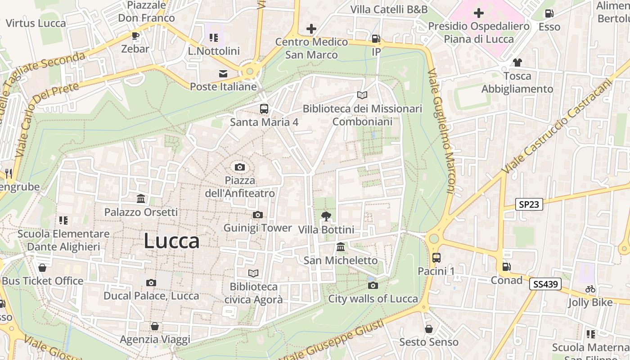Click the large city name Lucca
tap(171, 241)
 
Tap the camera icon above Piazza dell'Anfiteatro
tap(240, 167)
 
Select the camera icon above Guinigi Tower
tap(257, 215)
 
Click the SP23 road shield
tap(529, 204)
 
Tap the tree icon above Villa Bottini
tap(326, 217)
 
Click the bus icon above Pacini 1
tap(436, 258)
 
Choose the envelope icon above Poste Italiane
tap(223, 74)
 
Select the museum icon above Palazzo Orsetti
tap(141, 198)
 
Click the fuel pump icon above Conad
tap(506, 267)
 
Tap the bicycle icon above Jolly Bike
tap(590, 289)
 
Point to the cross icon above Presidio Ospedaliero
tap(479, 13)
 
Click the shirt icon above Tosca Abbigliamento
tap(517, 63)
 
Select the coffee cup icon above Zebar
tap(135, 36)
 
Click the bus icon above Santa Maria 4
tap(264, 109)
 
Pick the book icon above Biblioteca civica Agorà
tap(253, 273)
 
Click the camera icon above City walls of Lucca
tap(373, 285)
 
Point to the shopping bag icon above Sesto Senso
tap(428, 329)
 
